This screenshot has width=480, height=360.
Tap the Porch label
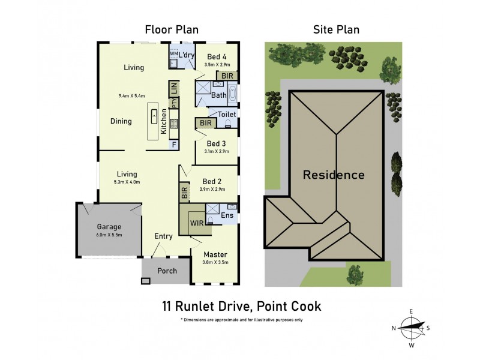pyautogui.click(x=167, y=271)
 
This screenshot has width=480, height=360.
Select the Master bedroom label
pyautogui.click(x=214, y=254)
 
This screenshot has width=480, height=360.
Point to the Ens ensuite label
pyautogui.click(x=227, y=215)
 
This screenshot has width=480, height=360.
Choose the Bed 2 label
pyautogui.click(x=212, y=181)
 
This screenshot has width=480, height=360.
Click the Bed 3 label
pyautogui.click(x=216, y=143)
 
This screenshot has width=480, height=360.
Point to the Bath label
pyautogui.click(x=218, y=95)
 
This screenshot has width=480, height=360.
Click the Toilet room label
pyautogui.click(x=227, y=114)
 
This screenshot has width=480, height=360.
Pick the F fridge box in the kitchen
pyautogui.click(x=174, y=145)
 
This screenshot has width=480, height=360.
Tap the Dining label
pyautogui.click(x=121, y=121)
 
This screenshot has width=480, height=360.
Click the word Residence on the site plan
pyautogui.click(x=333, y=175)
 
